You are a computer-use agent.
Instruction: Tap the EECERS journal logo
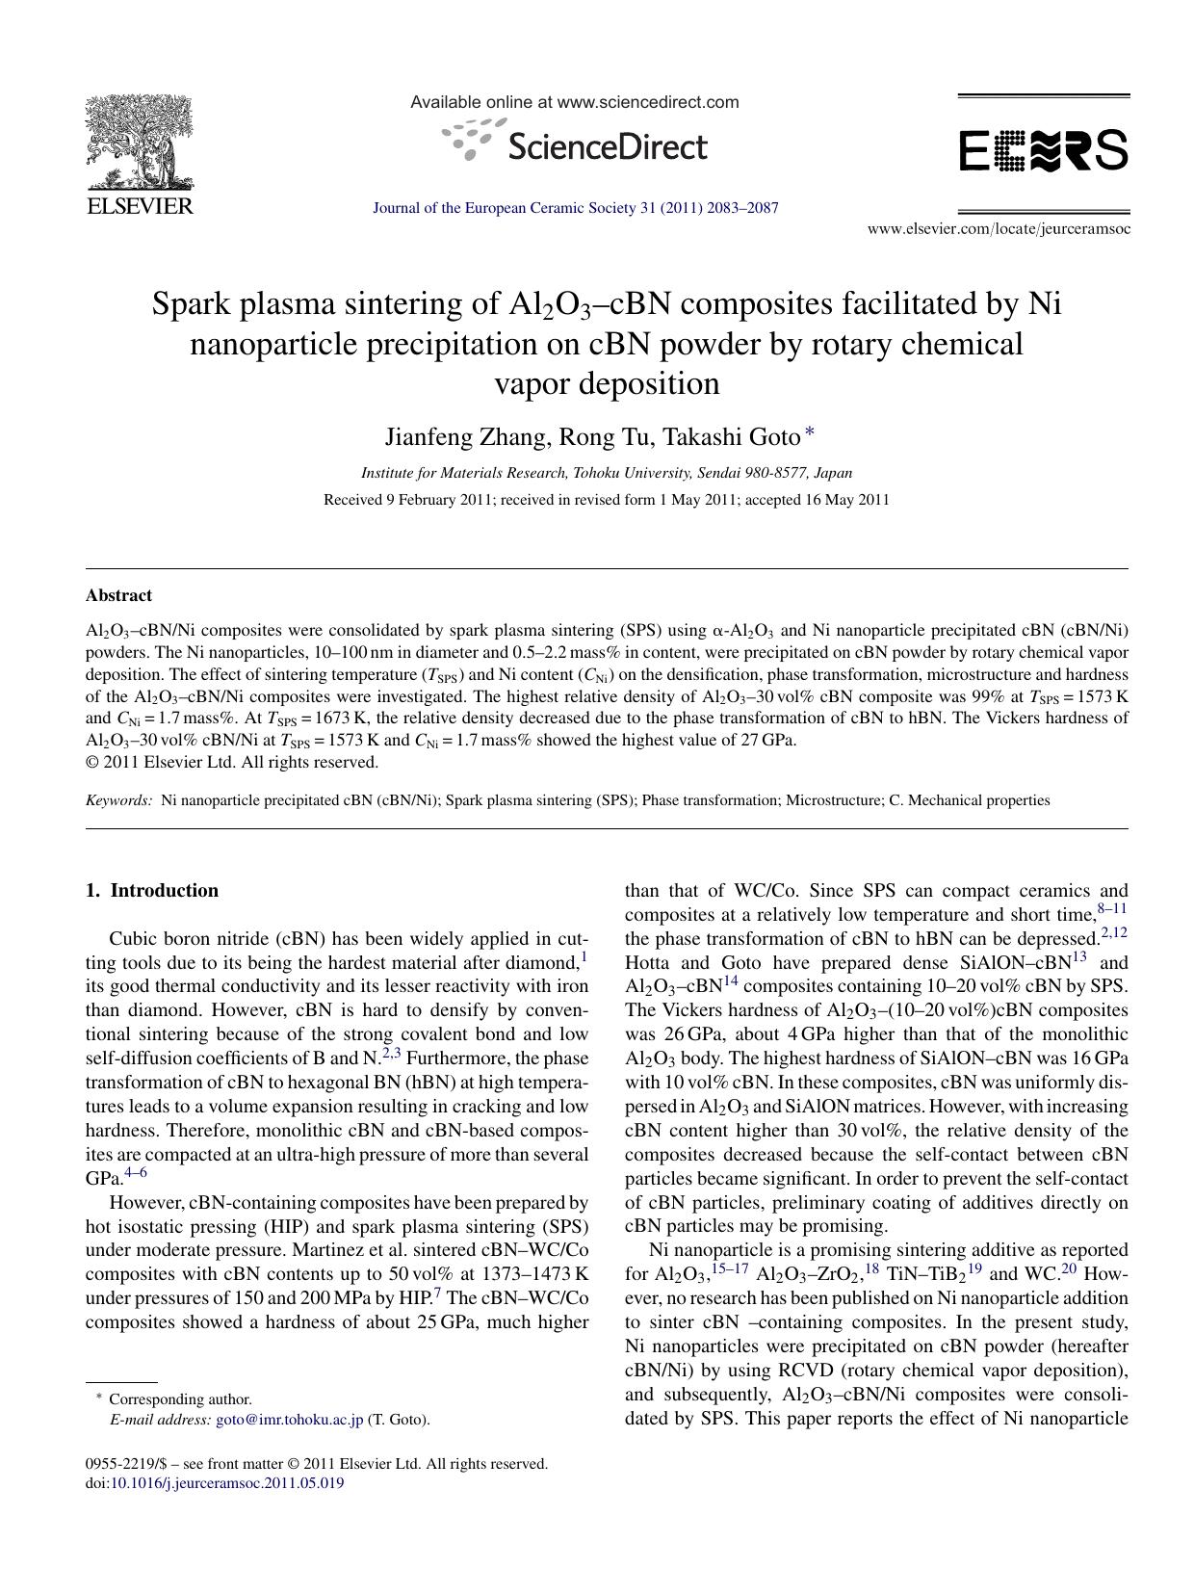[x=1043, y=151]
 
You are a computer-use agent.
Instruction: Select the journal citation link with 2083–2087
[x=575, y=208]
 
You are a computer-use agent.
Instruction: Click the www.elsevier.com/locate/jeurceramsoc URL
[x=999, y=229]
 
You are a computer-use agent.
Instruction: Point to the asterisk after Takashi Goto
[x=810, y=433]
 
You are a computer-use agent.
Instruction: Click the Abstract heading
[x=118, y=595]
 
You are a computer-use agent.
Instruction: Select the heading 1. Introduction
[x=152, y=890]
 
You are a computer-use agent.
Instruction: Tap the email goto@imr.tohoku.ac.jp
[x=289, y=1420]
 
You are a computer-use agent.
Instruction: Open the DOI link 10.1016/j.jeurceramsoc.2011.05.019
[x=227, y=1483]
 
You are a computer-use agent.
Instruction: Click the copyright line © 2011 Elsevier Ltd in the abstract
[x=231, y=762]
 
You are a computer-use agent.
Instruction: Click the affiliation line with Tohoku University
[x=606, y=473]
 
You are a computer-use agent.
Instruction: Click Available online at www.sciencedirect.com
[x=574, y=102]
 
